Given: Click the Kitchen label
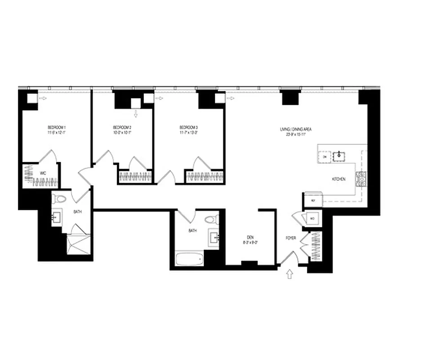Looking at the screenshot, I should (x=339, y=179).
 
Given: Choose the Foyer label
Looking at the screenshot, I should (x=290, y=238).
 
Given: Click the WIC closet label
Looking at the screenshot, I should (x=43, y=173).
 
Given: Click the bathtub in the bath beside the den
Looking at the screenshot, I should (x=188, y=259).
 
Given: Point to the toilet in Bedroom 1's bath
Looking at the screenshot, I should (x=60, y=198).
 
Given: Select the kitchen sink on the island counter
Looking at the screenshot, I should (x=339, y=156).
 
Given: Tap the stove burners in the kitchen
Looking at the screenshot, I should (x=361, y=180).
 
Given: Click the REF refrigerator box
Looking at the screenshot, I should (x=313, y=201).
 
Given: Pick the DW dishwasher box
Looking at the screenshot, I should (x=325, y=157).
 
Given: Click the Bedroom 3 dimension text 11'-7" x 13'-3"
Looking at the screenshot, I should (x=188, y=133).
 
